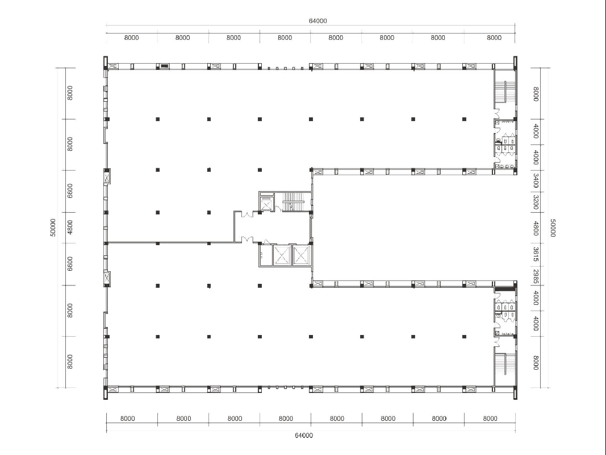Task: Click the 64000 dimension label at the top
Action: pos(317,21)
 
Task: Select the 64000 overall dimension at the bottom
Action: pos(304,436)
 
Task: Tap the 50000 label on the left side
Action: pos(53,227)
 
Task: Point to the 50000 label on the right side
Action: pos(553,228)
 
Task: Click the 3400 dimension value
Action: pos(536,181)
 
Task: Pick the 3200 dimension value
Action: pos(536,202)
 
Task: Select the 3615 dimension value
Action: pos(536,254)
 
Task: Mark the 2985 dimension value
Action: pos(536,276)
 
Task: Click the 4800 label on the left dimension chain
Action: pos(70,227)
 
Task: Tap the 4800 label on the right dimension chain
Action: pos(536,228)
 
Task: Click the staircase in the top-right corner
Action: pos(505,92)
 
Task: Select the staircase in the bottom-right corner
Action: pos(505,363)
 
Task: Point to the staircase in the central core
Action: pos(293,201)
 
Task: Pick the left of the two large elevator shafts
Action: pos(282,255)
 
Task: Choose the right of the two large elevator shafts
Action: pos(302,255)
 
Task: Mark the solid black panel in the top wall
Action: pos(164,66)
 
